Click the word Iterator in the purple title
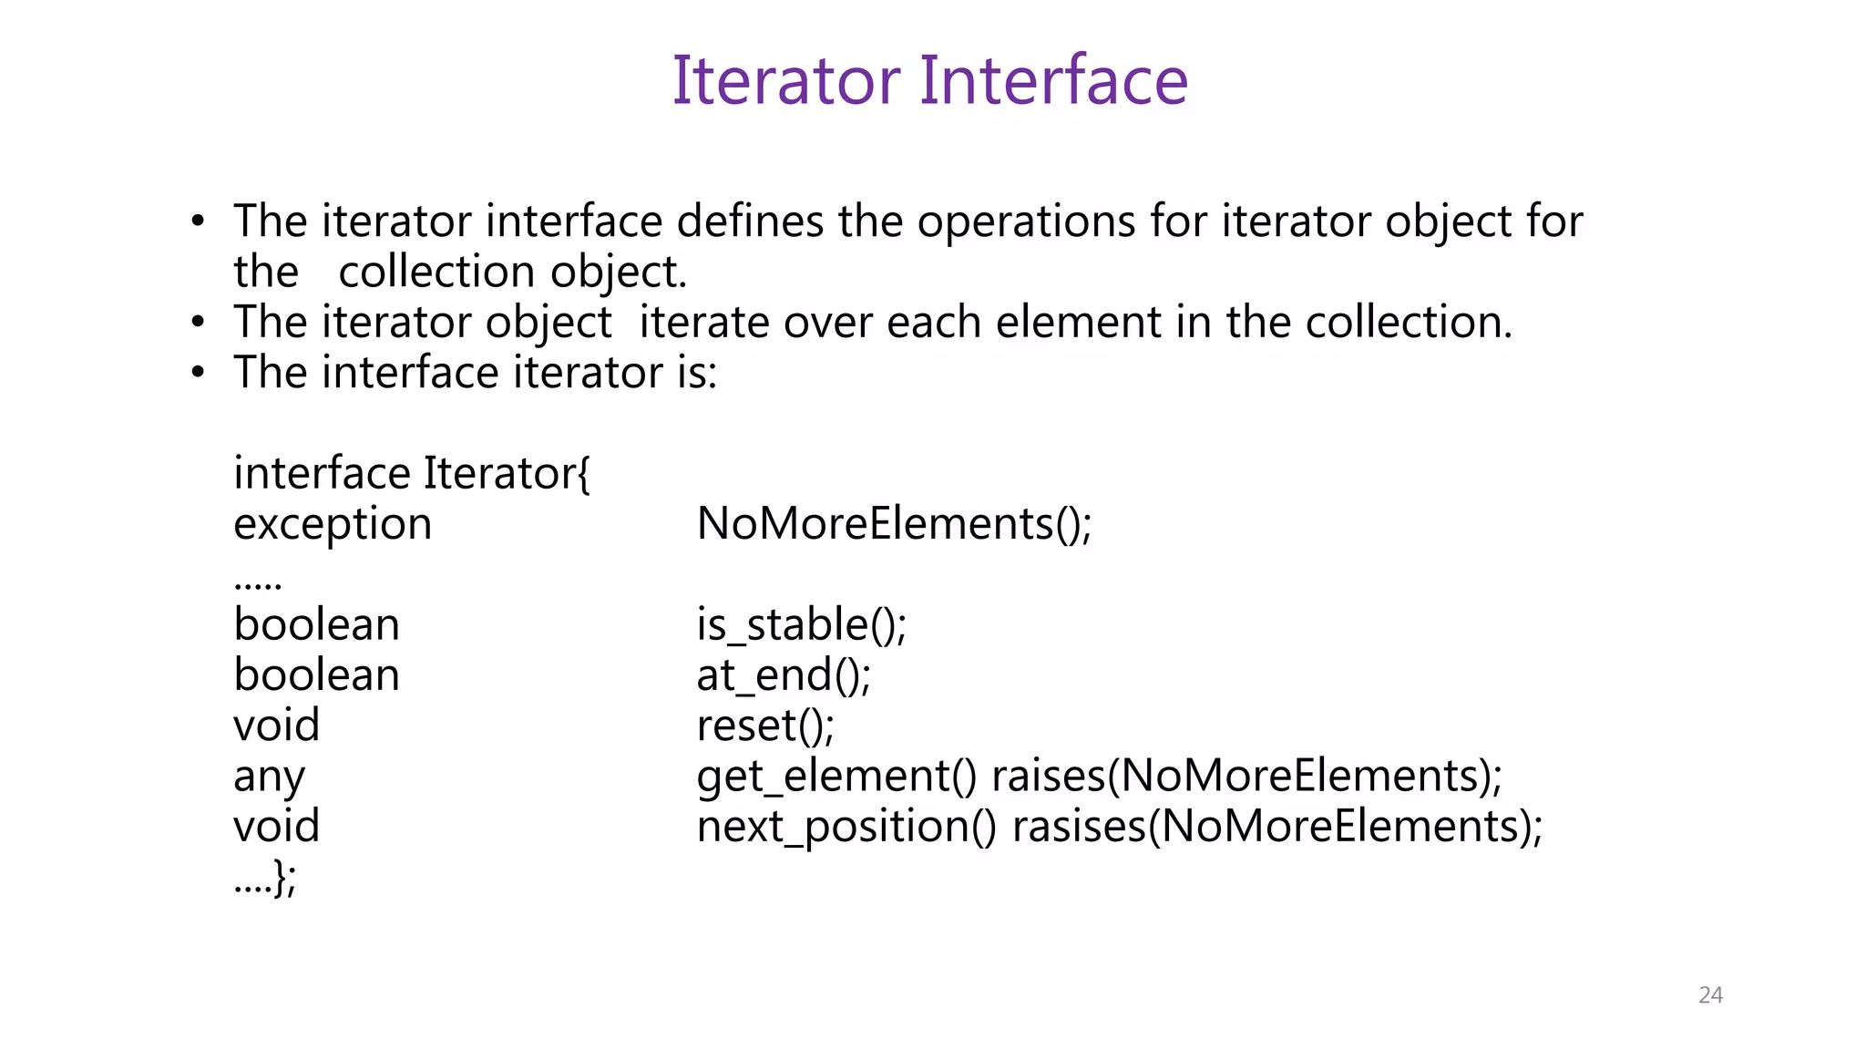point(786,80)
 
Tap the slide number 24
point(1710,994)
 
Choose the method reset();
point(765,726)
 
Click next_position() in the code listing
point(846,828)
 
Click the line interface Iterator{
point(412,474)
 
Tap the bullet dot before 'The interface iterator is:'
point(198,373)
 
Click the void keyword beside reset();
point(277,726)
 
